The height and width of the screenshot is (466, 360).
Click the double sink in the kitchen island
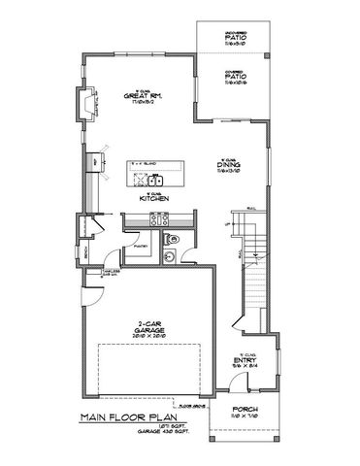(x=153, y=179)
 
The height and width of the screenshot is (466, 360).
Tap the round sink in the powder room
(x=168, y=256)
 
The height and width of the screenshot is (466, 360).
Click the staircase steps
(x=254, y=277)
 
